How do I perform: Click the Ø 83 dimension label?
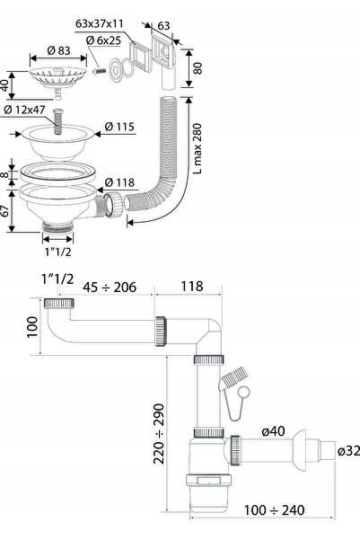(58, 50)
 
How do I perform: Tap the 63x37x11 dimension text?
(99, 23)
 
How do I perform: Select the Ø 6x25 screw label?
(103, 40)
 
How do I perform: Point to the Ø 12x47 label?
(24, 110)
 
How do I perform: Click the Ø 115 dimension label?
(119, 127)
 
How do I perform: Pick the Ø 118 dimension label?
(119, 182)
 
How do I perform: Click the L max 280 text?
(198, 149)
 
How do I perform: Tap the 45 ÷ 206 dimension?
(110, 287)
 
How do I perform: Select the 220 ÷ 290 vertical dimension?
(159, 434)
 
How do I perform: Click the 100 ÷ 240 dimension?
(275, 510)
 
